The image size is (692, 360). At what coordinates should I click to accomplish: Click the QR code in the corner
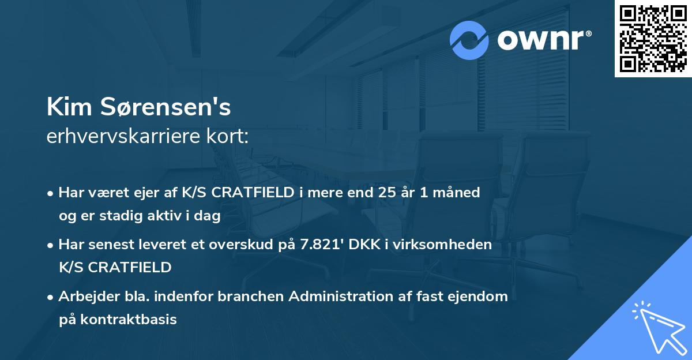click(653, 39)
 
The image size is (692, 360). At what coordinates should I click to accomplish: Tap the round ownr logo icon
click(469, 40)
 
